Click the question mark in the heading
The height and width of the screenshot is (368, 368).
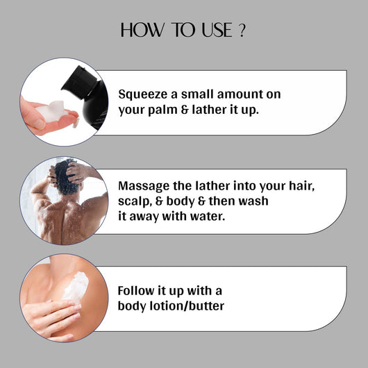pyautogui.click(x=242, y=31)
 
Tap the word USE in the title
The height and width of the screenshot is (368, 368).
pyautogui.click(x=217, y=30)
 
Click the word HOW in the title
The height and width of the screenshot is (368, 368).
pyautogui.click(x=142, y=30)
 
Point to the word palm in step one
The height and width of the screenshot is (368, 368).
pyautogui.click(x=162, y=110)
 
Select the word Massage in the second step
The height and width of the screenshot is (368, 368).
pyautogui.click(x=144, y=186)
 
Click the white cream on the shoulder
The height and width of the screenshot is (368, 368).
pyautogui.click(x=76, y=287)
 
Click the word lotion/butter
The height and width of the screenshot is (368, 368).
pyautogui.click(x=187, y=306)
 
